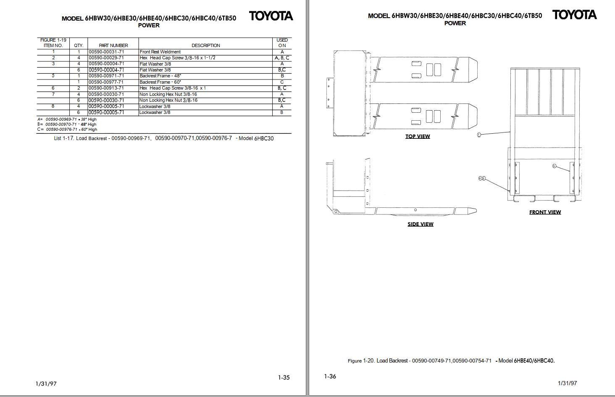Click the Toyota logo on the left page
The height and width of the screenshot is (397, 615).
click(271, 16)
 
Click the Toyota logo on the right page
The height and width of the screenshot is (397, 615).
click(574, 15)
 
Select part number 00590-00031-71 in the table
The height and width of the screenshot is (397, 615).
click(106, 52)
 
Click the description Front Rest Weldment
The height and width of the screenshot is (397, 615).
click(160, 52)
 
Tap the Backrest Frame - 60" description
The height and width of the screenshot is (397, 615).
click(160, 82)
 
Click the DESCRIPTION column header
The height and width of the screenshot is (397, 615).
click(206, 46)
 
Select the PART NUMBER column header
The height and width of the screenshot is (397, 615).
click(113, 46)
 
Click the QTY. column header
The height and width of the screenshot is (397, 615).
click(79, 46)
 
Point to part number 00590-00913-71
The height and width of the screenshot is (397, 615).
click(106, 88)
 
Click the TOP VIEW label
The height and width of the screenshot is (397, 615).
click(418, 136)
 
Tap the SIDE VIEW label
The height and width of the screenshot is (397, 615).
click(421, 224)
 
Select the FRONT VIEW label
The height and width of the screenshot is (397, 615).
click(545, 212)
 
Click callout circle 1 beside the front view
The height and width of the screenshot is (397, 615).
click(479, 135)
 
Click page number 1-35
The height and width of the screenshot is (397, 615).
click(284, 378)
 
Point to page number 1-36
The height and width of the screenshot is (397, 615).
click(330, 376)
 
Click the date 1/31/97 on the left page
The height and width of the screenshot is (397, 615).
click(46, 384)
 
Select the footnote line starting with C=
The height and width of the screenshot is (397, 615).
click(67, 130)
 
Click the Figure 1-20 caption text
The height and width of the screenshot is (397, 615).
click(451, 361)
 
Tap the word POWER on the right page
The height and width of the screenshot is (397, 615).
click(455, 24)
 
